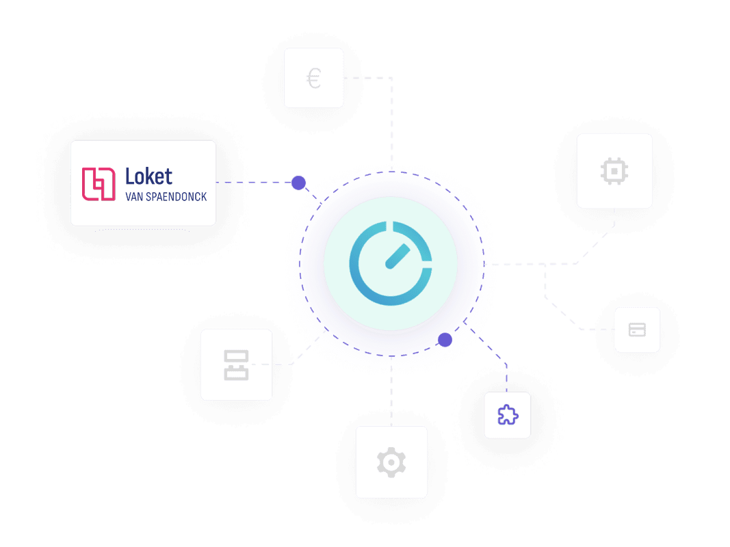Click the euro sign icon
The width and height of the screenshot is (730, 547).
(x=313, y=79)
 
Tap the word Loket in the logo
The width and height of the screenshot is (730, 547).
(x=148, y=176)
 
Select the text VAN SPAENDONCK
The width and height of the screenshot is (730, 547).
(x=166, y=197)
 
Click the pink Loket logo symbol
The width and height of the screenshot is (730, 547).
(x=99, y=183)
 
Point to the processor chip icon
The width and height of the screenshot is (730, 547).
(x=614, y=170)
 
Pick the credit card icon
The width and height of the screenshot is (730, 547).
(x=637, y=330)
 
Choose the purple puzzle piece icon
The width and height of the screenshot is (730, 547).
(x=507, y=415)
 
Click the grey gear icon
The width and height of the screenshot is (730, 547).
(x=391, y=462)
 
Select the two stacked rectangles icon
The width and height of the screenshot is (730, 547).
(x=236, y=364)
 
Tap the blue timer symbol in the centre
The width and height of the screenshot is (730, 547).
(x=391, y=263)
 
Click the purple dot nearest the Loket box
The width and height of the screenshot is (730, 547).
(x=298, y=183)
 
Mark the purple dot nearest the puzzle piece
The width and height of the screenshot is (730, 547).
(x=445, y=340)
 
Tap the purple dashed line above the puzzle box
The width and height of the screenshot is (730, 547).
(x=506, y=376)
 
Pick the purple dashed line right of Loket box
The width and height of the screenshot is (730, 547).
(x=253, y=183)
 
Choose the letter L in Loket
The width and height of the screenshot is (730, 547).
(x=130, y=176)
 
